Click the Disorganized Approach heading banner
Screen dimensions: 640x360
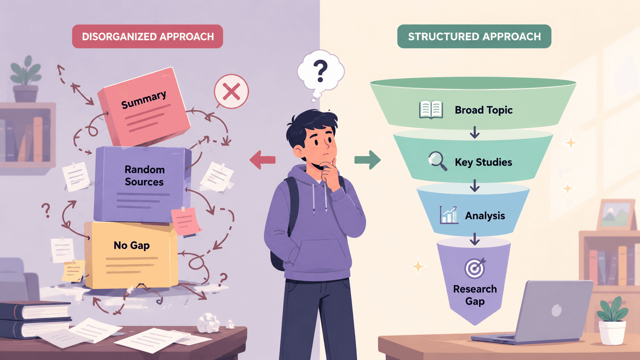click(x=147, y=36)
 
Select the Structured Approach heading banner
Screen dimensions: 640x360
click(x=474, y=36)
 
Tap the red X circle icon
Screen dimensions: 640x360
click(x=231, y=92)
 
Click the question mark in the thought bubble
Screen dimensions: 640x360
click(x=320, y=70)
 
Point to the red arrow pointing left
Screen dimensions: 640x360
click(x=262, y=160)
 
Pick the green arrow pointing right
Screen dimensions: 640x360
click(x=367, y=160)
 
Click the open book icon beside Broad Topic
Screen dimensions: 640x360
click(x=431, y=110)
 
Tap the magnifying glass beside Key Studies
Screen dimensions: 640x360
click(x=438, y=161)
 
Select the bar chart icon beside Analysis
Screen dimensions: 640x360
click(x=449, y=215)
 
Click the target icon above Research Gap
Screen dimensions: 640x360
click(x=475, y=268)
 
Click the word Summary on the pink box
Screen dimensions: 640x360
click(x=144, y=99)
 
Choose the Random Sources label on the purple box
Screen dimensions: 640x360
click(x=145, y=176)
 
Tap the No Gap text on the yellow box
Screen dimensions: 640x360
click(x=131, y=245)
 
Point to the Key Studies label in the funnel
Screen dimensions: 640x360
click(x=483, y=162)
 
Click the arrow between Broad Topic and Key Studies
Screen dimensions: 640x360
click(x=475, y=132)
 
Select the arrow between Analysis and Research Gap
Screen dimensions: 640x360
click(x=475, y=239)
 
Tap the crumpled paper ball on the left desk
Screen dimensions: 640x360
click(x=209, y=323)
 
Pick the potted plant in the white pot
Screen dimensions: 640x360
click(x=612, y=321)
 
